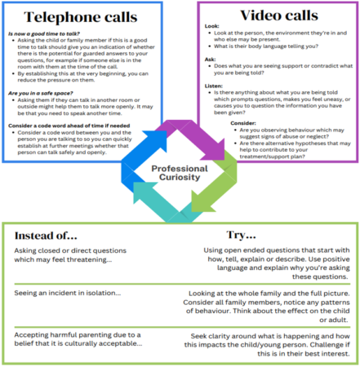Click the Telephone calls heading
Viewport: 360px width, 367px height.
click(78, 16)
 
